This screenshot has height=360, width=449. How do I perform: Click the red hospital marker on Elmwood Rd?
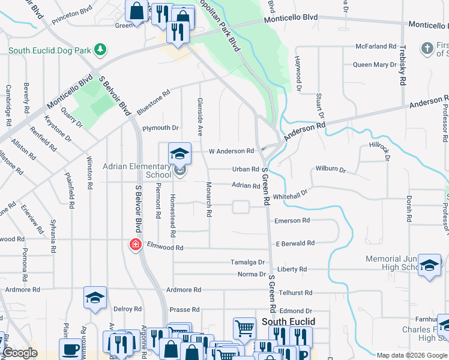click(136, 245)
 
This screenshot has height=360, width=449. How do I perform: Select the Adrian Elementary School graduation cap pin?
click(179, 154)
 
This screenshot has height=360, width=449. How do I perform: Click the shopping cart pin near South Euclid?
click(244, 329)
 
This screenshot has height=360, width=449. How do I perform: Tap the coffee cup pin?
click(70, 350)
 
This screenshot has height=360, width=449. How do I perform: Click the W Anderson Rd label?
click(231, 151)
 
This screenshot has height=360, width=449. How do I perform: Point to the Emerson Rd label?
click(292, 221)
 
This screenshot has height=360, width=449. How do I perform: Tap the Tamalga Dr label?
click(248, 262)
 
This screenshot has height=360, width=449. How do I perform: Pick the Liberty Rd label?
click(292, 269)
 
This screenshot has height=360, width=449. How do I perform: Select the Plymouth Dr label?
click(160, 128)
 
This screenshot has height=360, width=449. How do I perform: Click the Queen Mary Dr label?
click(375, 65)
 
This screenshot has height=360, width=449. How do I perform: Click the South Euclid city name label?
click(288, 322)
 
